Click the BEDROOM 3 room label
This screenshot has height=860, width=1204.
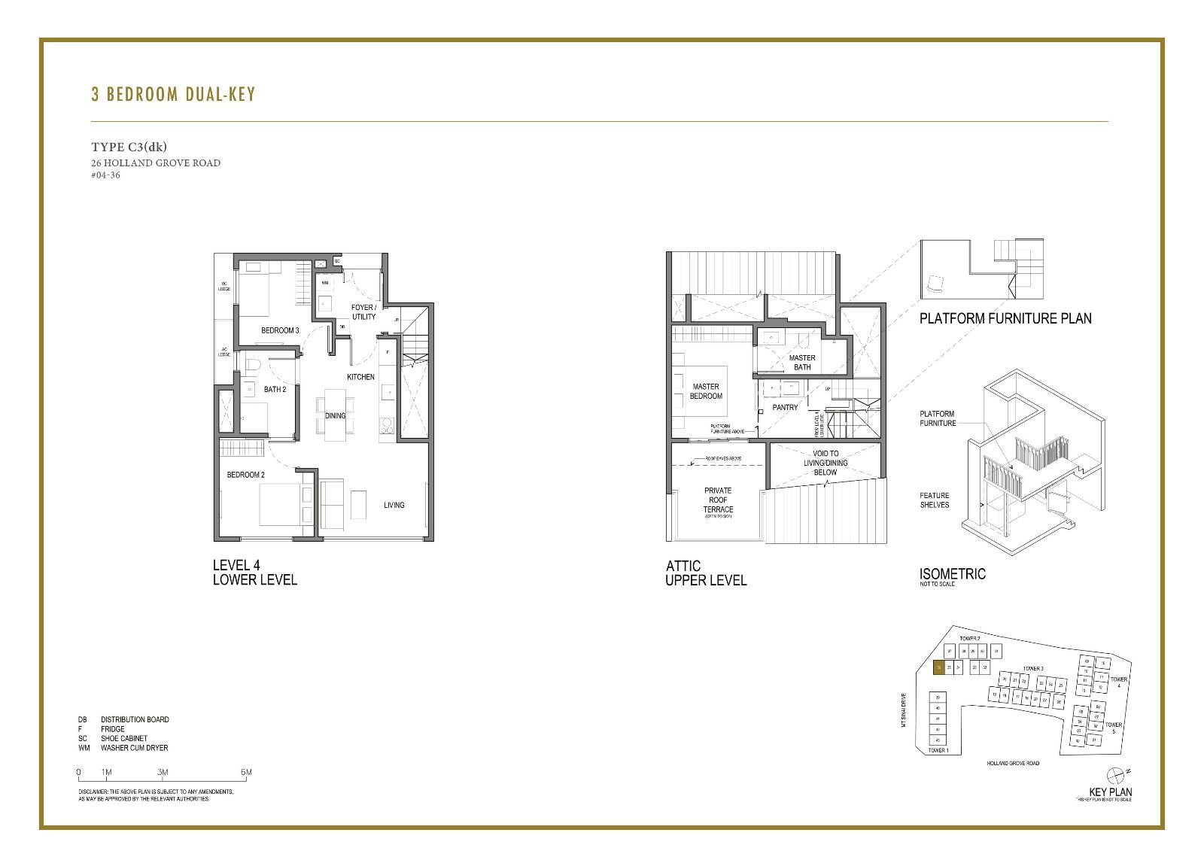pyautogui.click(x=280, y=330)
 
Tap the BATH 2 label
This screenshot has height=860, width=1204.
pyautogui.click(x=275, y=389)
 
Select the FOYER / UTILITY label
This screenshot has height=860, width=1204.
pyautogui.click(x=363, y=312)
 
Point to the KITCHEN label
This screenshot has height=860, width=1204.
pyautogui.click(x=360, y=377)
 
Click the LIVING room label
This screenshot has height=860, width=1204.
pyautogui.click(x=394, y=505)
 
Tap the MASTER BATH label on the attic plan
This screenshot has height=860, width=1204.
pyautogui.click(x=802, y=363)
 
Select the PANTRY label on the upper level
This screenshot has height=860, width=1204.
pyautogui.click(x=785, y=407)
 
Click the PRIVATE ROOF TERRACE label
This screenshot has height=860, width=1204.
pyautogui.click(x=718, y=500)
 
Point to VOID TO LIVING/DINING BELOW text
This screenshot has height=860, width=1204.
pyautogui.click(x=825, y=463)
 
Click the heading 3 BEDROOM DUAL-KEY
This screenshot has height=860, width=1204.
pyautogui.click(x=173, y=94)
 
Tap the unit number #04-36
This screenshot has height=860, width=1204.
pyautogui.click(x=105, y=175)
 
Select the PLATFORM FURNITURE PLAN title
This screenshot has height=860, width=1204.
pyautogui.click(x=1005, y=318)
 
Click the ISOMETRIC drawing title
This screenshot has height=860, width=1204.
pyautogui.click(x=952, y=574)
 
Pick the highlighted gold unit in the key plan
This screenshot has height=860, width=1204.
pyautogui.click(x=938, y=667)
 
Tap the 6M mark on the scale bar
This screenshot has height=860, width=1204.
pyautogui.click(x=246, y=773)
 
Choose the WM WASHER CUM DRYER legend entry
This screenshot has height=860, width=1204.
pyautogui.click(x=123, y=748)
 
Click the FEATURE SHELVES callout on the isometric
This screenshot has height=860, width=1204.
pyautogui.click(x=934, y=500)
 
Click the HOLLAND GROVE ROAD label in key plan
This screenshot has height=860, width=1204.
pyautogui.click(x=1013, y=763)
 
